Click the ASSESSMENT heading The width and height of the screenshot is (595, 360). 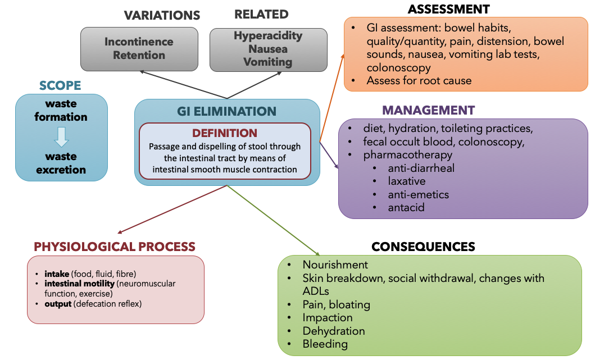448,9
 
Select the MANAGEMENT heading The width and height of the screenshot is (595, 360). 428,110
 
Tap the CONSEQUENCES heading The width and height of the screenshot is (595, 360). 423,247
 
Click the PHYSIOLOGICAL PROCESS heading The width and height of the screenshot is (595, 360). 115,247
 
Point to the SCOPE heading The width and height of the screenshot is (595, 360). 60,86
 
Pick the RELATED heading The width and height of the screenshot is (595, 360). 261,15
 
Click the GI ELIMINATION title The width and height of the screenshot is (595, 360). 226,111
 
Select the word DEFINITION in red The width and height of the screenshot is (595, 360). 225,133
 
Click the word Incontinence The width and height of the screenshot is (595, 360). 139,42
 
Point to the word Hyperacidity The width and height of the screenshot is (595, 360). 268,35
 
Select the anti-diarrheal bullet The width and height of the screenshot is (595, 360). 421,168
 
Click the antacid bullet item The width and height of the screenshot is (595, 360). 406,207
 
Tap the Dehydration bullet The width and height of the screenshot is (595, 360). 334,331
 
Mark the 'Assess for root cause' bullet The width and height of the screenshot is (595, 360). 419,80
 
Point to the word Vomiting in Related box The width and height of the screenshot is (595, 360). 267,62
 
